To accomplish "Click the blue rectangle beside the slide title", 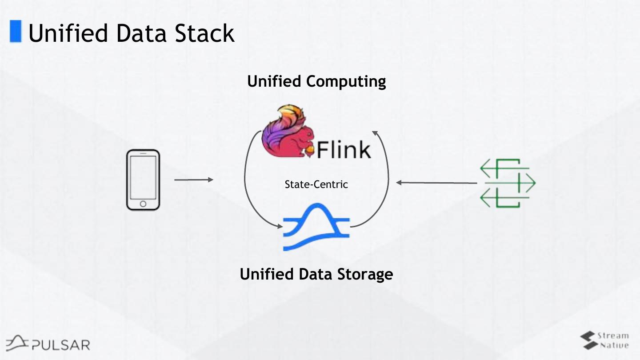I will point(16,32).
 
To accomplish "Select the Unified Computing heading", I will point(316,81).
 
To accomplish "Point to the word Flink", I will point(344,149).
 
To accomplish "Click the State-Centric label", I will point(316,184).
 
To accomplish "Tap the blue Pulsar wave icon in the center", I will point(316,227).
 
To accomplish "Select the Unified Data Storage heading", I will point(316,274).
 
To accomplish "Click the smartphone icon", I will point(143,180).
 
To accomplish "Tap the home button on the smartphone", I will point(143,204).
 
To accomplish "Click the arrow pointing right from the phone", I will point(193,180).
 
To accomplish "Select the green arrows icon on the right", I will point(508,183).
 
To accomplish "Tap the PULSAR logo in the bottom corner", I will point(48,343).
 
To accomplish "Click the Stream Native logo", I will point(604,340).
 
